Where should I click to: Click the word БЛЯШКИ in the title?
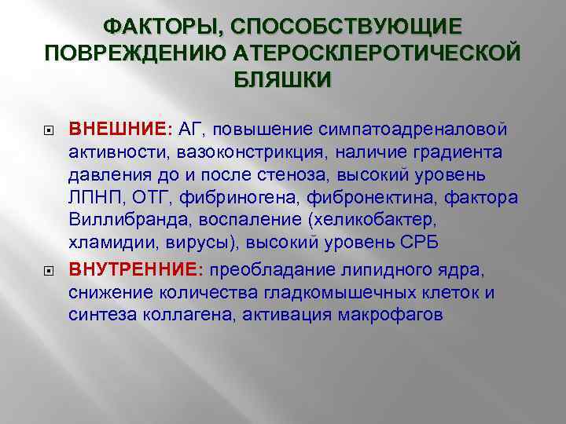(x=283, y=81)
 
